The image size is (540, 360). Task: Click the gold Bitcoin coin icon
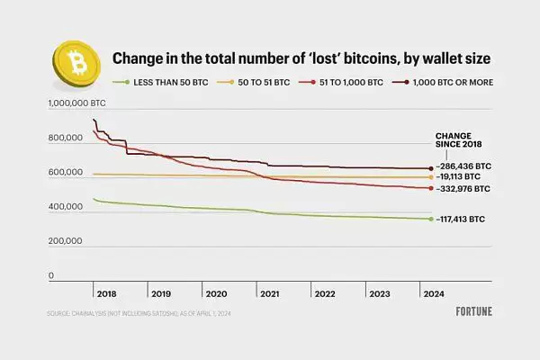pyautogui.click(x=77, y=60)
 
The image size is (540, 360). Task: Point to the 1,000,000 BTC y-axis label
pyautogui.click(x=76, y=104)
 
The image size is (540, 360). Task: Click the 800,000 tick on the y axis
pyautogui.click(x=64, y=139)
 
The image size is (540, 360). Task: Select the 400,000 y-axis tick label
pyautogui.click(x=64, y=207)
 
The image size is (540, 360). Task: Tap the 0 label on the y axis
pyautogui.click(x=51, y=275)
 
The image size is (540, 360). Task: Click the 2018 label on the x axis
pyautogui.click(x=107, y=294)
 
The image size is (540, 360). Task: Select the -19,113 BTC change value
pyautogui.click(x=460, y=178)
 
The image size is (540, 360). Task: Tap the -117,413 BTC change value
pyautogui.click(x=462, y=219)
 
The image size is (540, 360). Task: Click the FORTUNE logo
pyautogui.click(x=468, y=314)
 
